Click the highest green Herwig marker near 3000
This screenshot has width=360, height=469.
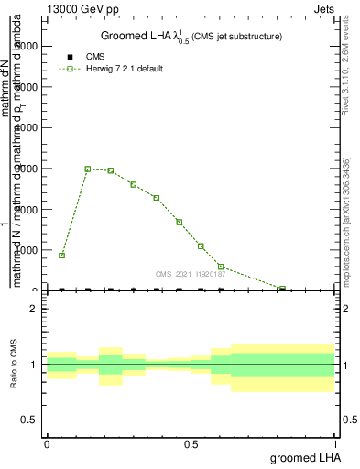88,169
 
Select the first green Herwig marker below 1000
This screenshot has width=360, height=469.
61,255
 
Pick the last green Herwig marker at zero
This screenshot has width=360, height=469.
282,289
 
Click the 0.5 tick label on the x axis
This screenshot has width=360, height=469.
191,443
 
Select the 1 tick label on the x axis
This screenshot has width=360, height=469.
336,443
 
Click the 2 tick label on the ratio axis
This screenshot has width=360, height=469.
32,310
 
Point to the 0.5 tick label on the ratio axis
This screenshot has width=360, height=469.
27,420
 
